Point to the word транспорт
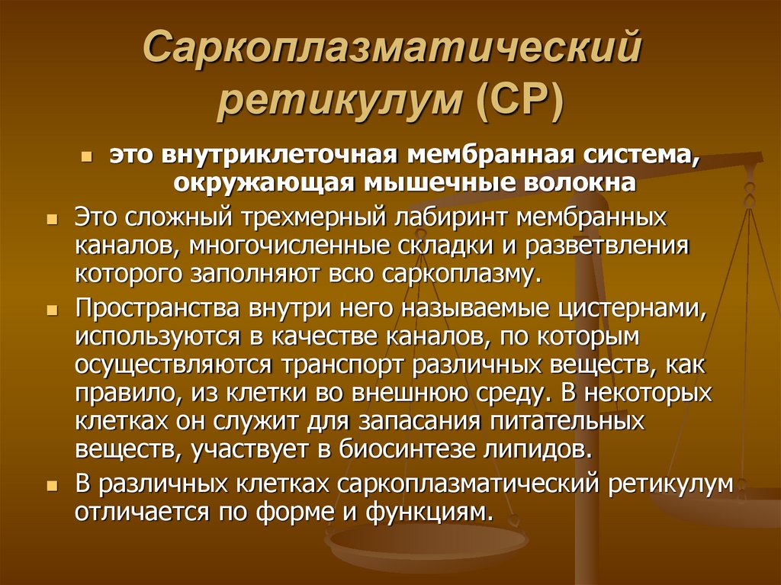point(349,365)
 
